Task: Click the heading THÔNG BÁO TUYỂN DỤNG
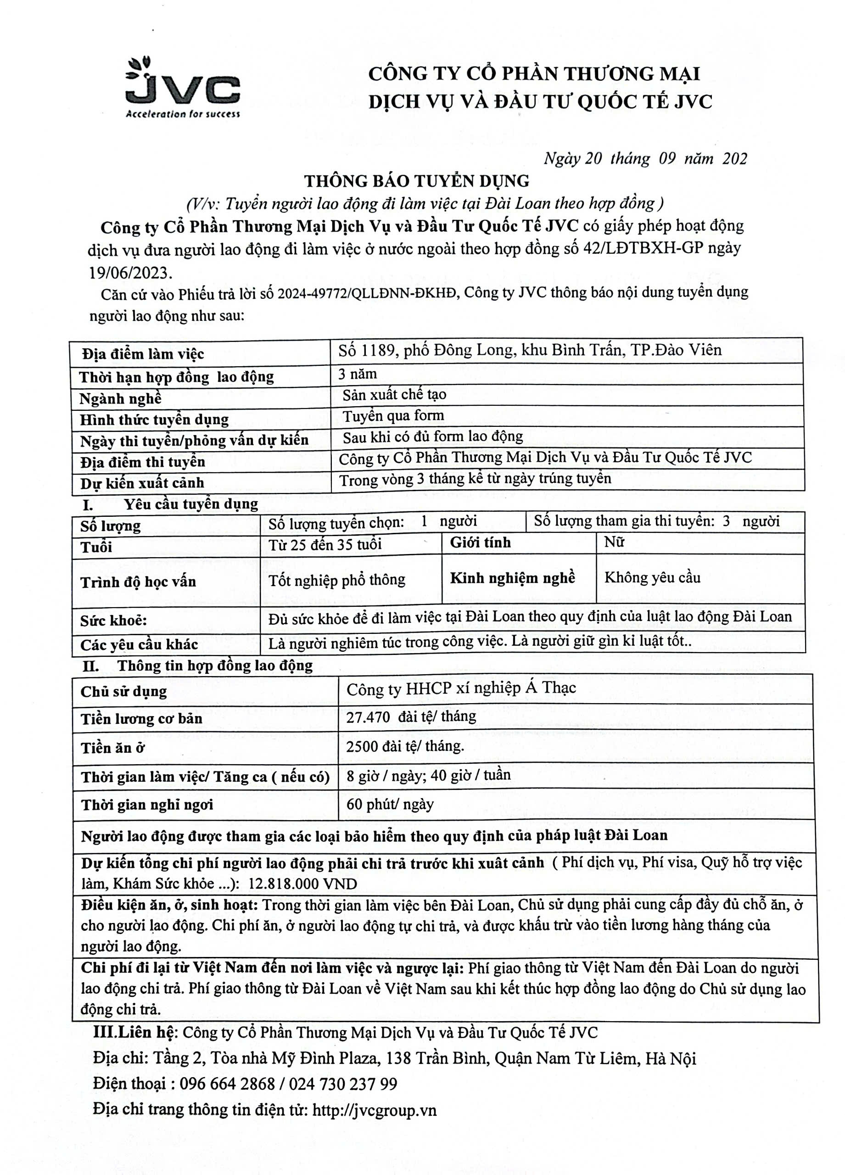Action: [417, 181]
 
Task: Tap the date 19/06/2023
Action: [130, 273]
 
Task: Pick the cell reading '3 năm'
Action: [358, 374]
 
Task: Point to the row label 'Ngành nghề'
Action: [120, 398]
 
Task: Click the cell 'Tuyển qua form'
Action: [393, 415]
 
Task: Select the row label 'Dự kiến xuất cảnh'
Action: [142, 483]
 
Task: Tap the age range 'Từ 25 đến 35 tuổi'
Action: [325, 544]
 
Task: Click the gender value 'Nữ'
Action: [614, 543]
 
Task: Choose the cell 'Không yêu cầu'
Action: [652, 578]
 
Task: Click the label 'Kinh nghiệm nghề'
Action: [512, 578]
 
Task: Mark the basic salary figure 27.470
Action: [368, 717]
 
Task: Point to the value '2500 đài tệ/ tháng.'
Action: [405, 746]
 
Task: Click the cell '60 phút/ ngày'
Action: [390, 804]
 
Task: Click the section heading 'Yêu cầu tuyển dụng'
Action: [190, 504]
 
